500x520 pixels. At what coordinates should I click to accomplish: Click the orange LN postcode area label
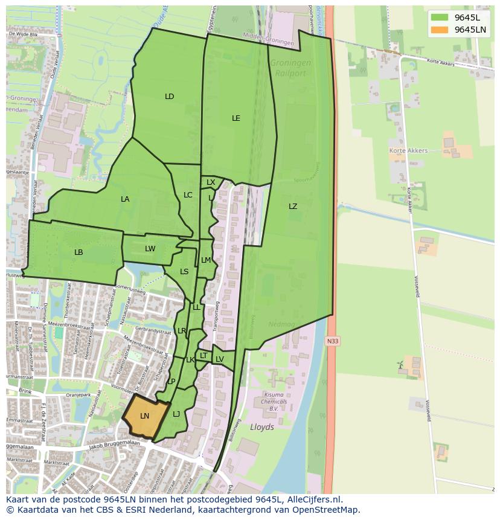[x=144, y=416]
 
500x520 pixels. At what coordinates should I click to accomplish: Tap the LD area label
[x=169, y=97]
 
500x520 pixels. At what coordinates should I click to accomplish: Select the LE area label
[x=236, y=118]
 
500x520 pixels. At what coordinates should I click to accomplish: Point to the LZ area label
[x=293, y=207]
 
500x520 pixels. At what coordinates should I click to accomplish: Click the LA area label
[x=125, y=199]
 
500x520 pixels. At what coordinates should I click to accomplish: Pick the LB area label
[x=79, y=252]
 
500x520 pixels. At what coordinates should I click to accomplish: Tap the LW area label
[x=150, y=249]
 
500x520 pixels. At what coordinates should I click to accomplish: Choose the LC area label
[x=188, y=195]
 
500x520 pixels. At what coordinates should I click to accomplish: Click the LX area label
[x=211, y=182]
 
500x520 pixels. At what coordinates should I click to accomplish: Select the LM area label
[x=206, y=260]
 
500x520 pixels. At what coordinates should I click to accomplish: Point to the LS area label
[x=184, y=272]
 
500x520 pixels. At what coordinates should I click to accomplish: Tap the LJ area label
[x=176, y=414]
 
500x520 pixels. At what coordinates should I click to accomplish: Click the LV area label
[x=220, y=359]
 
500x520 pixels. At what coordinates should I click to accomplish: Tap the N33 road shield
[x=332, y=341]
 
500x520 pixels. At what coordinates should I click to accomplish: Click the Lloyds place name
[x=261, y=427]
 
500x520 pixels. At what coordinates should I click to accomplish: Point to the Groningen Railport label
[x=290, y=68]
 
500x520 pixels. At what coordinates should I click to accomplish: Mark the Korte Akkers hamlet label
[x=408, y=151]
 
